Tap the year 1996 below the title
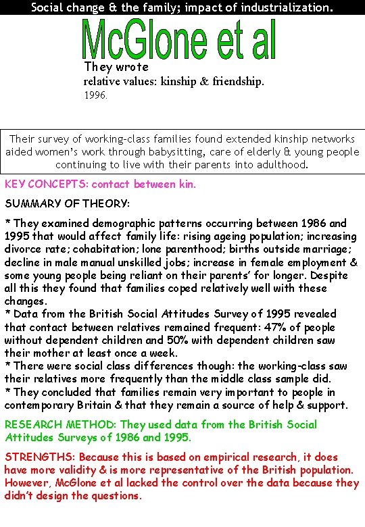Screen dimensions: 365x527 click(95, 96)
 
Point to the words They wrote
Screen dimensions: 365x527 click(116, 67)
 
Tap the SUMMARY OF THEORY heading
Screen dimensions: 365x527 click(67, 203)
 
